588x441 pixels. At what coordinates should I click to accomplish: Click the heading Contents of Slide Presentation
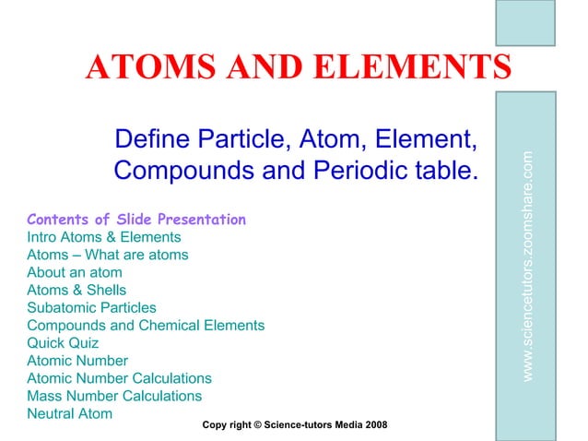click(x=136, y=220)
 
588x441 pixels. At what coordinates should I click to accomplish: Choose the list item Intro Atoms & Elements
click(x=104, y=237)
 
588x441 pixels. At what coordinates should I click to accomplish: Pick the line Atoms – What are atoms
click(x=108, y=255)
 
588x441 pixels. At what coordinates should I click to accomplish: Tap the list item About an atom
click(x=75, y=272)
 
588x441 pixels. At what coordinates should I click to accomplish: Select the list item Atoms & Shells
click(x=76, y=290)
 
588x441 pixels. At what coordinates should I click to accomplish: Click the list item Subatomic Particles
click(x=92, y=307)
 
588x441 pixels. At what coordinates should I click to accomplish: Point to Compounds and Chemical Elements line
click(x=146, y=325)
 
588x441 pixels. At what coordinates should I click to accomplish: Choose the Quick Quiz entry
click(x=64, y=342)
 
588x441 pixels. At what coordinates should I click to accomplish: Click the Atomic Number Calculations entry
click(x=120, y=378)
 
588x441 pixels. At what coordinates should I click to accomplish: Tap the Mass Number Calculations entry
click(x=114, y=396)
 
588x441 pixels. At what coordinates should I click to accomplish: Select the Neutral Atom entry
click(x=70, y=413)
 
